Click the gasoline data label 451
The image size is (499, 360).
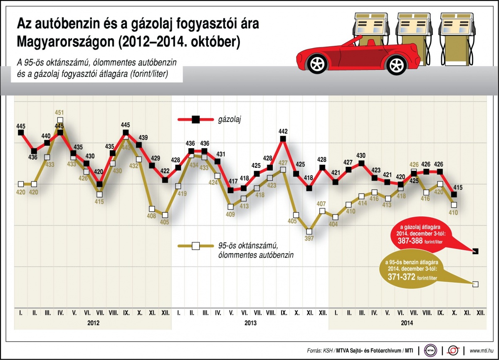[x=60, y=113]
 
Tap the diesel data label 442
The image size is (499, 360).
[x=284, y=131]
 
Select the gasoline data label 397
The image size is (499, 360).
[x=309, y=238]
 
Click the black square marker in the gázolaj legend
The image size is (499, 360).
[x=195, y=120]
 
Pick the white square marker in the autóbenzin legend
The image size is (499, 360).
[x=195, y=246]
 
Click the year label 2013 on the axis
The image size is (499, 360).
[x=250, y=323]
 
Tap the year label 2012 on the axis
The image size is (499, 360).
[x=93, y=323]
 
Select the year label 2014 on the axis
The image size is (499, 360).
[x=408, y=323]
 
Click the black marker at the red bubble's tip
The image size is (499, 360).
[x=476, y=251]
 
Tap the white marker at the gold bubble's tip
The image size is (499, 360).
[x=476, y=284]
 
